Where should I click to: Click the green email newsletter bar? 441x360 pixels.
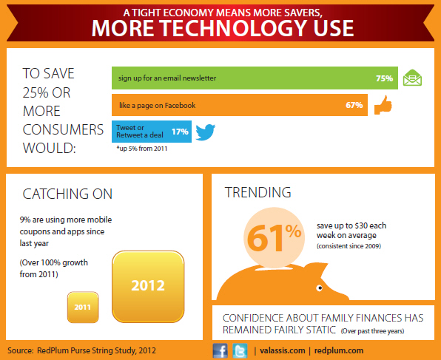[255, 78]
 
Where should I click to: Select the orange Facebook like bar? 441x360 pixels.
[240, 105]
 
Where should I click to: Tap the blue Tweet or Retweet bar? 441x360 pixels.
[152, 132]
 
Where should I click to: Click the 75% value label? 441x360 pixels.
[384, 78]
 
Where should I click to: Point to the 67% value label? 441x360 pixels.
[354, 105]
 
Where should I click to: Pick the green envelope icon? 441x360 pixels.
[412, 78]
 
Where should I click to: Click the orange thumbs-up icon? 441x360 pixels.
[383, 105]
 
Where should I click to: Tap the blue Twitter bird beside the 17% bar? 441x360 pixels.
[205, 132]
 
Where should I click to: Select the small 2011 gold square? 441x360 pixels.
[83, 308]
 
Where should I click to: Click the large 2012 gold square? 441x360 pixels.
[148, 286]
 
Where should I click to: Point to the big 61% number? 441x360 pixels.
[274, 237]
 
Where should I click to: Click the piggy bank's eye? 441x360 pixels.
[319, 288]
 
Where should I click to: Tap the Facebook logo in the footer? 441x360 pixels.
[220, 350]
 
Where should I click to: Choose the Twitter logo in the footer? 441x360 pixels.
[240, 350]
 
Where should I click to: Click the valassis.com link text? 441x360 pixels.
[283, 350]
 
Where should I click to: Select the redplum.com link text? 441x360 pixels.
[339, 350]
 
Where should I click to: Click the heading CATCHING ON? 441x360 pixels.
[67, 194]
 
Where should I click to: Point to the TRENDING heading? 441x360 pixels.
[258, 192]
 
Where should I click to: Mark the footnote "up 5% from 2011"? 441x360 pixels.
[142, 149]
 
